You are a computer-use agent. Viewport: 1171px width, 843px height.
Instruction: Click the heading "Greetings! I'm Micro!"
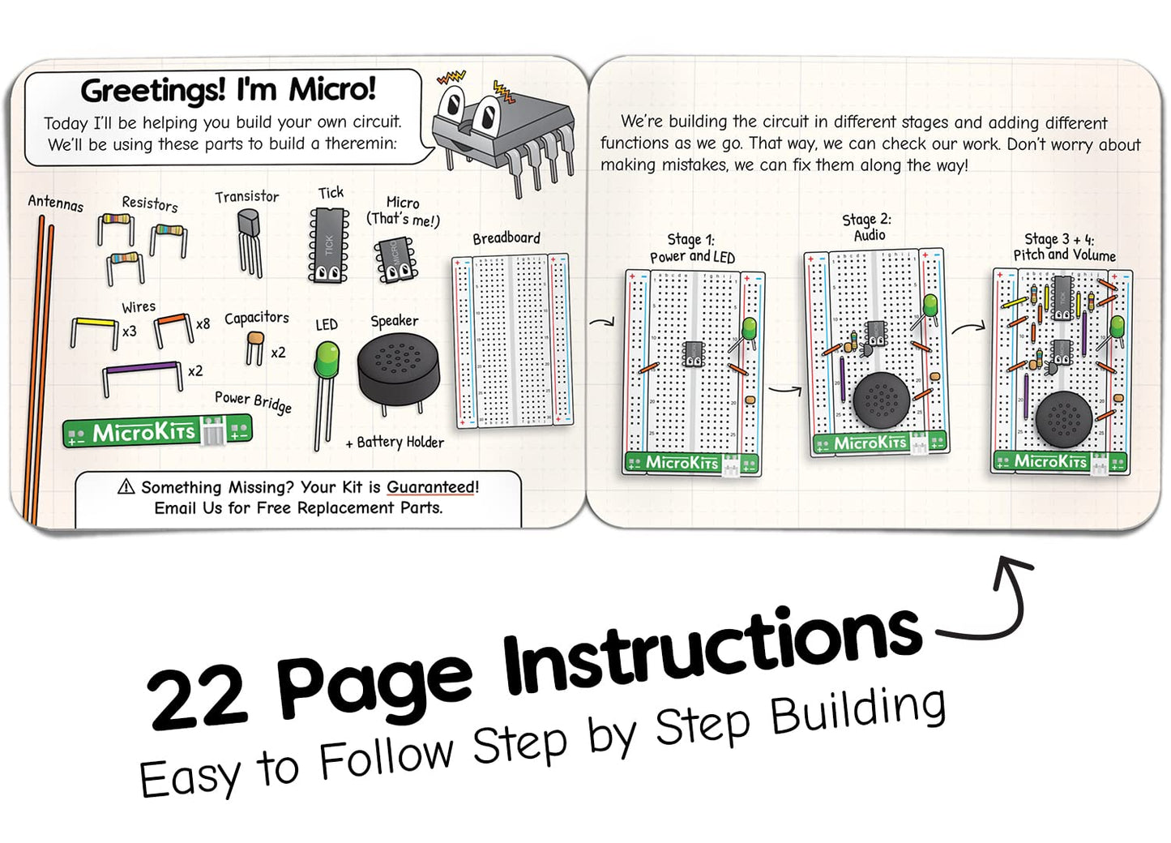228,90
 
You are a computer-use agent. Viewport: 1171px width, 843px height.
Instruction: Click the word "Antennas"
55,202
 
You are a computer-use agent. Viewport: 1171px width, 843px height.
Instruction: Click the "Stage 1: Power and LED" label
692,248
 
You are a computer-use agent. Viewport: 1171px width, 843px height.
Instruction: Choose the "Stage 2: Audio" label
867,227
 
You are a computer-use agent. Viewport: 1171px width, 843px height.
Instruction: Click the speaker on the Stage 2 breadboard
881,400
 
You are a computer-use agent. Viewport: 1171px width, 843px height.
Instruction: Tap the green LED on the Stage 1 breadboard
749,329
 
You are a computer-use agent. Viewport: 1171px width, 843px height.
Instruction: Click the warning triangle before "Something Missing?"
126,486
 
